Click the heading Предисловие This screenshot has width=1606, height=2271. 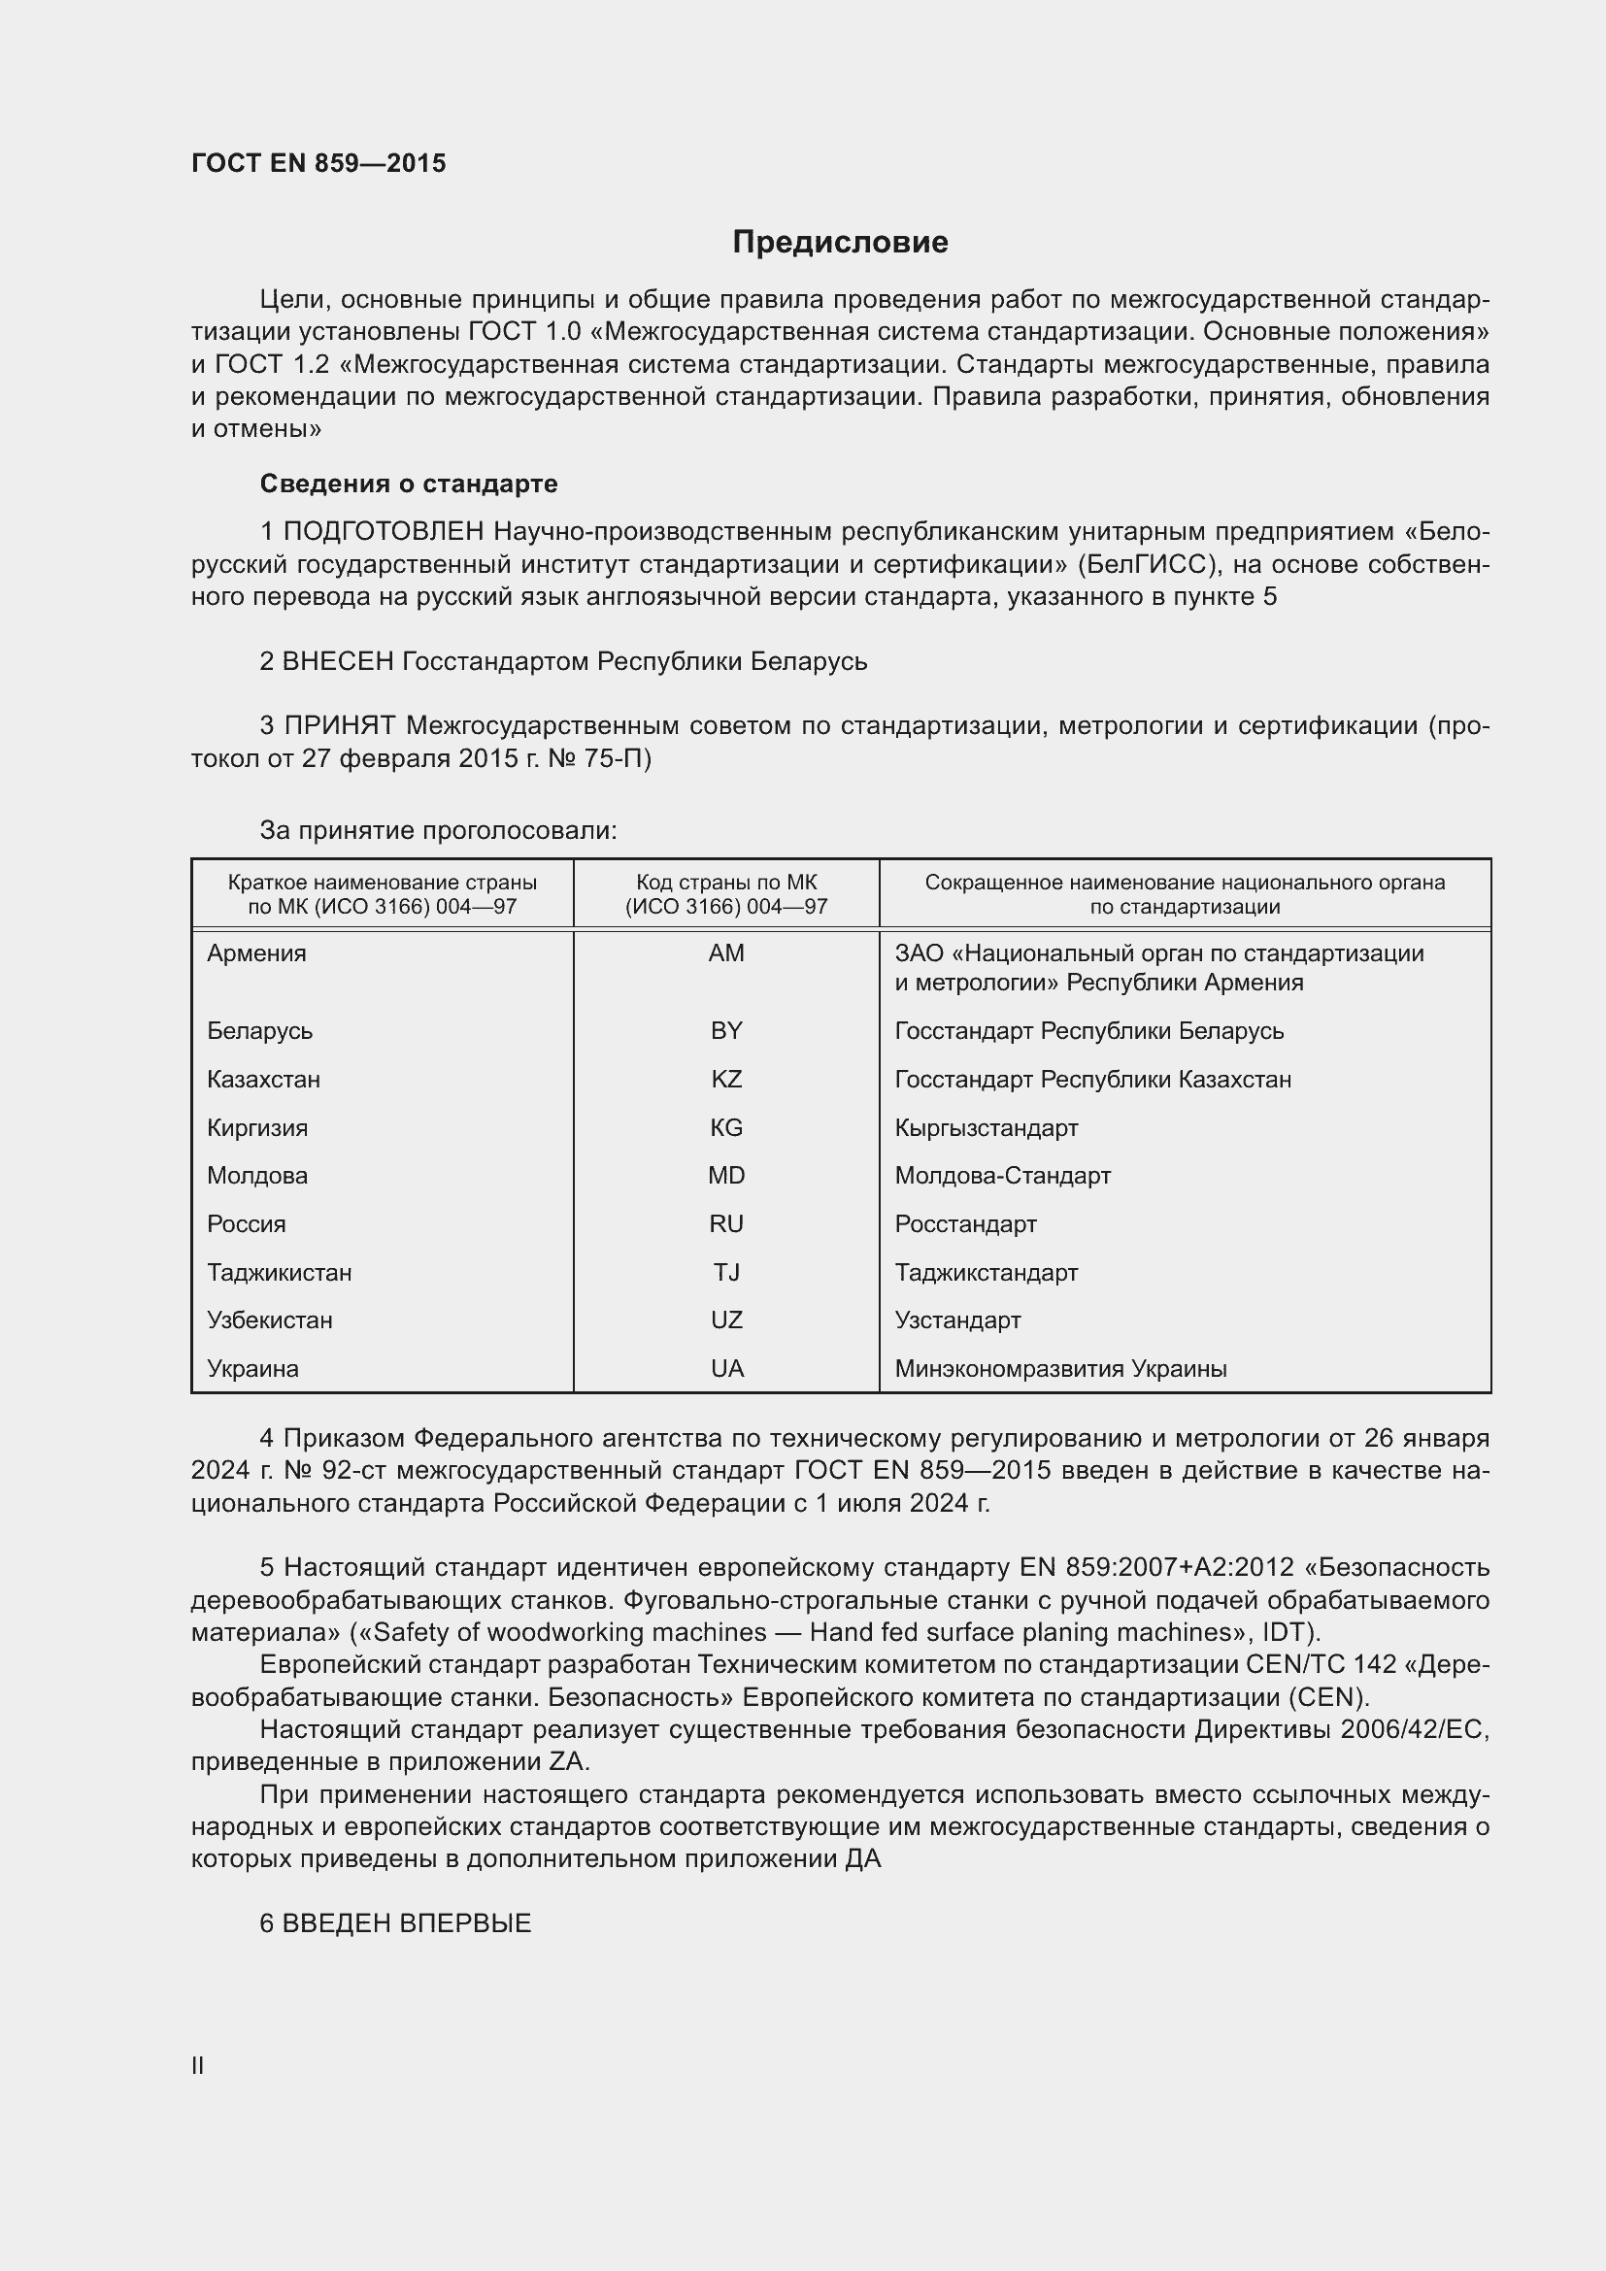[840, 243]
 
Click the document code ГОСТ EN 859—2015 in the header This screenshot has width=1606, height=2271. [318, 163]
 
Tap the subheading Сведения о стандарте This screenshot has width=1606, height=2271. [409, 484]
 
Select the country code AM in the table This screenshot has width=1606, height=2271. [726, 953]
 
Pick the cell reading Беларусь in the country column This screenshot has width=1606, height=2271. [259, 1031]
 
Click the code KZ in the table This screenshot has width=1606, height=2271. [726, 1079]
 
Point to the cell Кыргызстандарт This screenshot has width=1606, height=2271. [986, 1127]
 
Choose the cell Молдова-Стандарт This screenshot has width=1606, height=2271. [1002, 1175]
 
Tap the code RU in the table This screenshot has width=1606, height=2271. [726, 1223]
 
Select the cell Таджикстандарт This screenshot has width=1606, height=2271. [986, 1272]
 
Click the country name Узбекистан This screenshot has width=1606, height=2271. [269, 1320]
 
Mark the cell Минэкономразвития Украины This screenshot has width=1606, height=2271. [1060, 1369]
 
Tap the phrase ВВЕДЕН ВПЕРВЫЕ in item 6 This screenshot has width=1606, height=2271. [407, 1922]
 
